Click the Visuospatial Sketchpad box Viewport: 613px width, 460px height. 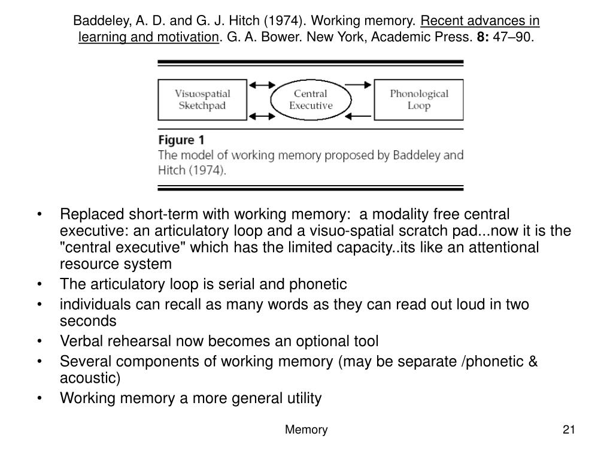coord(202,100)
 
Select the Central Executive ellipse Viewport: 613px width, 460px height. coord(311,100)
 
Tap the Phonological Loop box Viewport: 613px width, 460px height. coord(418,100)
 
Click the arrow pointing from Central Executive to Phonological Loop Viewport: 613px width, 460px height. coord(358,85)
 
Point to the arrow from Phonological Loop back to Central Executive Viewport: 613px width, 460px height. coord(358,116)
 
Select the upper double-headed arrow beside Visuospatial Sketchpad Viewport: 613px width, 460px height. coord(262,85)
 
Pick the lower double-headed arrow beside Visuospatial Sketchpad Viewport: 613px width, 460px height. coord(262,116)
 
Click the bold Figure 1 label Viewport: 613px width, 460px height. coord(181,140)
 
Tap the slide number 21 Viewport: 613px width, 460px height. coord(569,429)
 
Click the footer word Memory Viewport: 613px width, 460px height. coord(306,429)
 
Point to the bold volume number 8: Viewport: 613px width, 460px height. coord(483,37)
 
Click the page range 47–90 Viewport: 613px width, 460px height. coord(513,37)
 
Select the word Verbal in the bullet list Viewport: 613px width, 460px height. coord(81,341)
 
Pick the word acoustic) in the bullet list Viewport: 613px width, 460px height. coord(90,379)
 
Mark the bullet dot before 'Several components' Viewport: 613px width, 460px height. coord(40,361)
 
